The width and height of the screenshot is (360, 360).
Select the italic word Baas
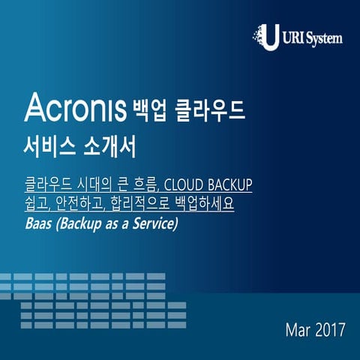pyautogui.click(x=38, y=223)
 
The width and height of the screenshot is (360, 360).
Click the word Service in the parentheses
pyautogui.click(x=154, y=223)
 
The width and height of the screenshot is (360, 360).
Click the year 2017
pyautogui.click(x=331, y=328)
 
